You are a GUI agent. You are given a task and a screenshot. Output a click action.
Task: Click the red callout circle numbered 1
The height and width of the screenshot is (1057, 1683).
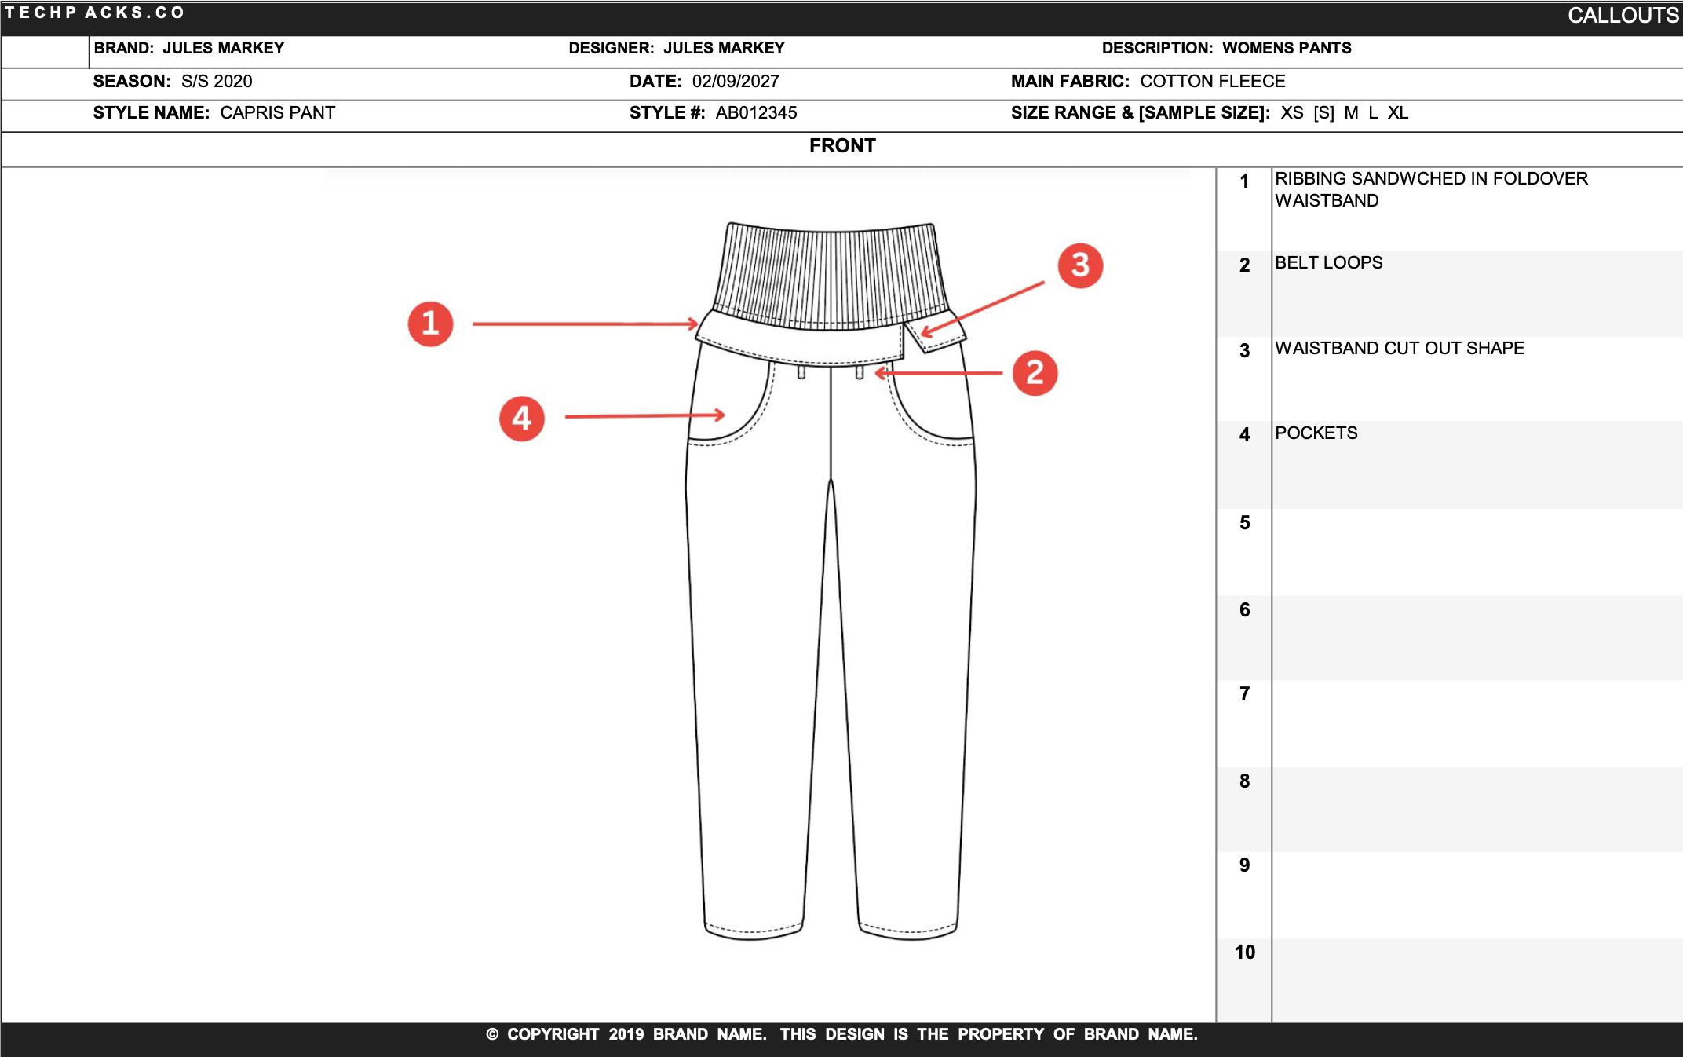(x=430, y=324)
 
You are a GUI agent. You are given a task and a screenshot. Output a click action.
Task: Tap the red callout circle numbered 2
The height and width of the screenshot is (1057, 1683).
(x=1035, y=373)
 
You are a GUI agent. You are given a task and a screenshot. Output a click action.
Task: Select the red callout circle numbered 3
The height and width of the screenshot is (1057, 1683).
(x=1080, y=265)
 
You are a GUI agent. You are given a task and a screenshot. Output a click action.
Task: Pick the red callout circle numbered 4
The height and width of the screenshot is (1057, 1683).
(x=522, y=419)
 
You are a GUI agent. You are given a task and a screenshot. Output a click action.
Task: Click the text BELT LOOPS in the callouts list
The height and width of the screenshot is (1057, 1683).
(x=1328, y=263)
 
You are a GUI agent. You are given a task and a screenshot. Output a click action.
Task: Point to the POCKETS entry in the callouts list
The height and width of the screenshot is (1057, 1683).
(x=1316, y=433)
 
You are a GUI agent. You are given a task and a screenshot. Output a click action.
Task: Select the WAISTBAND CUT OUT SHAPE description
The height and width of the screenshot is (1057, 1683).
(x=1399, y=349)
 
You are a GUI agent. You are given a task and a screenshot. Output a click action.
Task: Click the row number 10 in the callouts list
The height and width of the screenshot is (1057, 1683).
(x=1244, y=953)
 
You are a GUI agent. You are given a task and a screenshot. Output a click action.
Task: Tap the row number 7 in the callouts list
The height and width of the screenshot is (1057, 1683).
(x=1244, y=694)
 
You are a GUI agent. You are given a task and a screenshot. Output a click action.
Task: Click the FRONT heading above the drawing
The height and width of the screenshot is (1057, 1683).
(x=842, y=146)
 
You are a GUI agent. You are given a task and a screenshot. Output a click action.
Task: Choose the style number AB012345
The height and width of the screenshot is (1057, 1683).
(x=756, y=113)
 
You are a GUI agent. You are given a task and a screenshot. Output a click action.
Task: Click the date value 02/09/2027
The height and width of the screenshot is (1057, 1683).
(x=736, y=82)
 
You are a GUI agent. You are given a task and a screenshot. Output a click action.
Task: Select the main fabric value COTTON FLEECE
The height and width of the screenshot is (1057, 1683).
(x=1212, y=82)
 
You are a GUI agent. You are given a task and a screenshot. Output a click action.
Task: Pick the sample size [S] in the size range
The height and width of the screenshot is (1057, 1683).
(x=1323, y=113)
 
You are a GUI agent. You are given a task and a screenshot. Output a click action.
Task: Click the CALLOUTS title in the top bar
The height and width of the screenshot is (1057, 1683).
(x=1623, y=16)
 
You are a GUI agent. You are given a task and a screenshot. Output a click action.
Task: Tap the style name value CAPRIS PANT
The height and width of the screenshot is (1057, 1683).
(x=277, y=113)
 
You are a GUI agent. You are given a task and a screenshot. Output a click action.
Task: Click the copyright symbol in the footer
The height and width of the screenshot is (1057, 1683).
(x=492, y=1035)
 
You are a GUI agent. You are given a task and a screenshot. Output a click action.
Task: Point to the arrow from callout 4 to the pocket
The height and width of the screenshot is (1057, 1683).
(x=644, y=416)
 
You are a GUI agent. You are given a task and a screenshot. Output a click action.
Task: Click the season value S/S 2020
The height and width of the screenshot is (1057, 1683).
(x=217, y=82)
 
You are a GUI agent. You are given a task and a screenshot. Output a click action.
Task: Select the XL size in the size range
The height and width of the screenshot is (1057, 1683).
(x=1397, y=113)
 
